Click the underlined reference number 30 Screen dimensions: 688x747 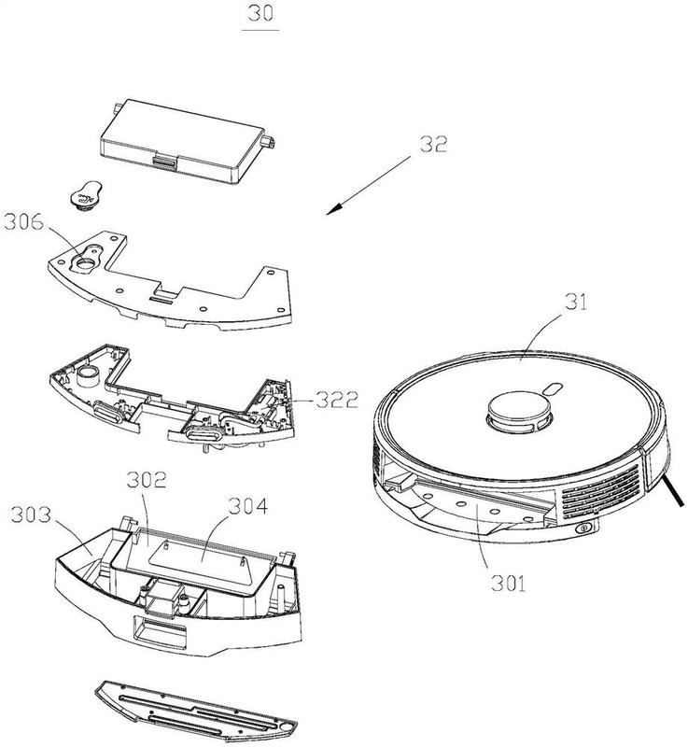tap(260, 13)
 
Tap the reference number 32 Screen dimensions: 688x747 tap(433, 145)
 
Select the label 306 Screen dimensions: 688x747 tap(23, 221)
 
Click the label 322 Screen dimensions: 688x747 tap(337, 401)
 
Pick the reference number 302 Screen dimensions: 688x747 tap(147, 480)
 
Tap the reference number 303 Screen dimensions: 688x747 tap(32, 514)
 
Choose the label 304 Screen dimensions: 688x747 tap(248, 506)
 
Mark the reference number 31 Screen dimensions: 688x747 tap(576, 302)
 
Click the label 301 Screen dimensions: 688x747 tap(509, 583)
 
